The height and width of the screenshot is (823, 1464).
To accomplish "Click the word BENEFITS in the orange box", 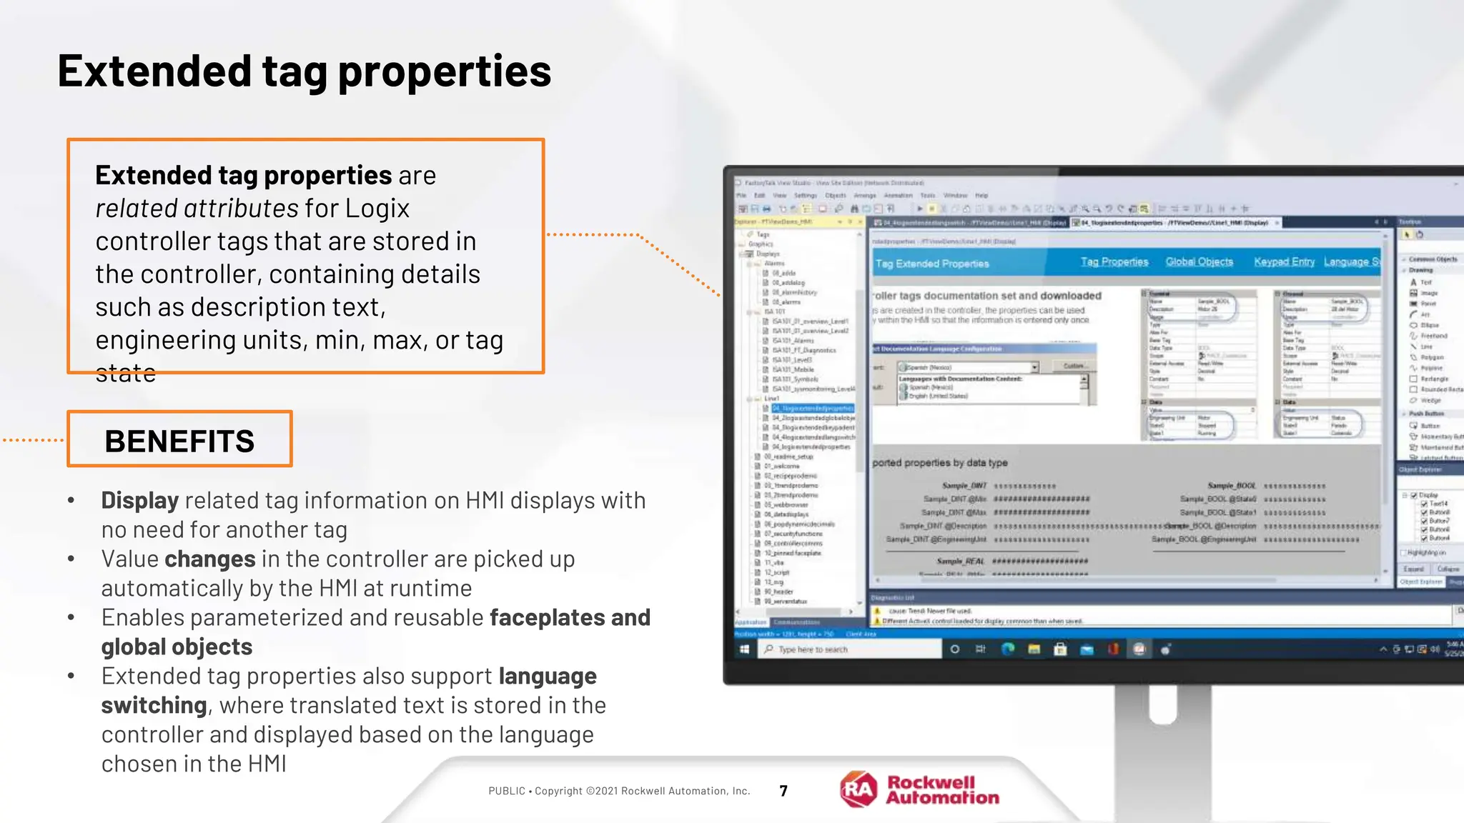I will (x=179, y=441).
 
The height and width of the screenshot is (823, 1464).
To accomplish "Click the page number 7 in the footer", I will (x=783, y=791).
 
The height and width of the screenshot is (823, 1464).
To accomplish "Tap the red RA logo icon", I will (x=858, y=789).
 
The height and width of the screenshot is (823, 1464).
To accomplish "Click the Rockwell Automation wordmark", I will (x=942, y=790).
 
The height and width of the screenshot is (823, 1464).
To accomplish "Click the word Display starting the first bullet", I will (x=139, y=500).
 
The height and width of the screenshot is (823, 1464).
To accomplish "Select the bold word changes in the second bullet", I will (x=209, y=559).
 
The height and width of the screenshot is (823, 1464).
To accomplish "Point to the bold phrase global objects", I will (x=177, y=647).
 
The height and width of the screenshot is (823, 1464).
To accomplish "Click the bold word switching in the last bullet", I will (x=154, y=705).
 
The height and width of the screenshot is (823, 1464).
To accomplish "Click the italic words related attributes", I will (x=197, y=209).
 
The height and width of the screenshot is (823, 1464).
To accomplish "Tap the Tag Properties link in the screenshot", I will (x=1114, y=262).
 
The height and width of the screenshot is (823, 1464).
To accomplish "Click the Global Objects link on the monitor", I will (x=1199, y=262).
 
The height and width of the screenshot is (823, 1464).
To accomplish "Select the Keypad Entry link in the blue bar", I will (x=1284, y=262).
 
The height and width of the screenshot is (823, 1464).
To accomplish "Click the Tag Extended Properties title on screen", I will (x=932, y=264).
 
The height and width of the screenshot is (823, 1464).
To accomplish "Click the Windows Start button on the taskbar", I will (x=744, y=649).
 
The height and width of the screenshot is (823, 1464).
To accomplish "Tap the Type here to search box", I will (x=851, y=649).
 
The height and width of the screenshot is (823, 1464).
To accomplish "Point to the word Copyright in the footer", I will (x=558, y=791).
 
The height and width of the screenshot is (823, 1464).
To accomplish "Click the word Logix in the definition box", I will (x=377, y=209).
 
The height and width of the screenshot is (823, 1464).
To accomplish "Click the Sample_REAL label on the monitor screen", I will (x=960, y=562).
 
